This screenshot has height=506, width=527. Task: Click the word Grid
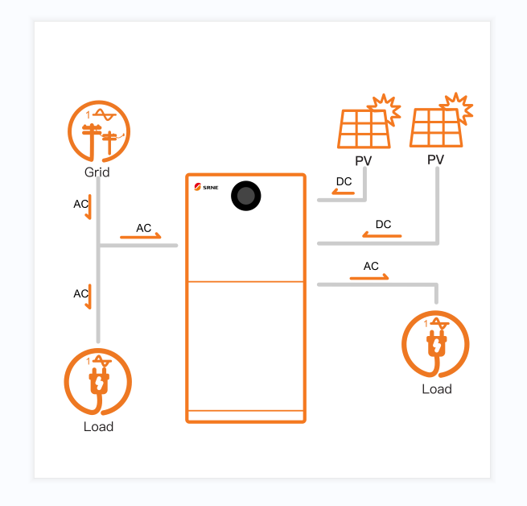coord(97,172)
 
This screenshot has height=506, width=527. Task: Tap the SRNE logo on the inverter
coord(206,190)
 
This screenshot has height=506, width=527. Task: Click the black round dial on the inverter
coord(246,196)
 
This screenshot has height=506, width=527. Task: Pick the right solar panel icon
coord(435,128)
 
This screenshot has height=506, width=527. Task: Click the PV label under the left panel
coord(364,161)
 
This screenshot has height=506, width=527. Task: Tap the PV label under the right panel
coord(435,160)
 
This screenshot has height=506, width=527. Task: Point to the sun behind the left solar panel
coord(384,108)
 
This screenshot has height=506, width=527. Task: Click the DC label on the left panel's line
coord(344,181)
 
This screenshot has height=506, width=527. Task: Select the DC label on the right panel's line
coord(383,224)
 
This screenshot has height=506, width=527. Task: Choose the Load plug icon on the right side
coord(435,345)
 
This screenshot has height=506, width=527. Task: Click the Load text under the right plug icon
coord(437,389)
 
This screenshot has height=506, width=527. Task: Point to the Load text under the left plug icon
coord(98,426)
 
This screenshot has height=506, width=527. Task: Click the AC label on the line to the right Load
coord(371,266)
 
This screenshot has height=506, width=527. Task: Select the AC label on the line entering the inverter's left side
coord(143,228)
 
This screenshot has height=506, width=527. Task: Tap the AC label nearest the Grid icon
coord(80,204)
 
